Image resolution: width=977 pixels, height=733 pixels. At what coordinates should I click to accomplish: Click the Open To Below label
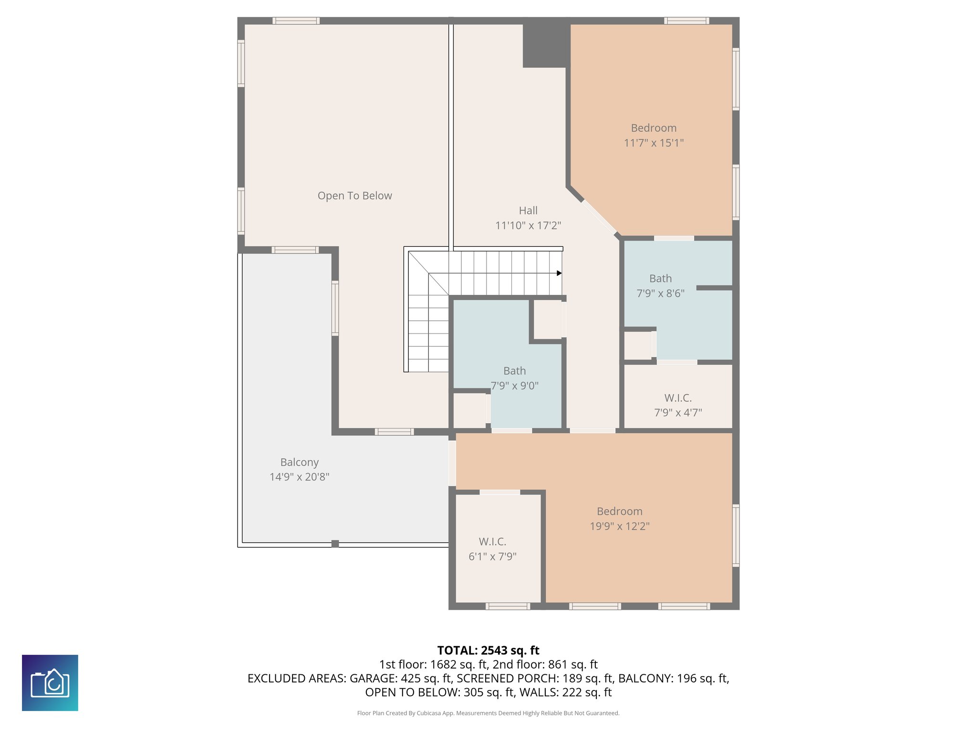354,196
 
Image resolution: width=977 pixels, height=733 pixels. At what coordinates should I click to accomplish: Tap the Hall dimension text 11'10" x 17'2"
528,225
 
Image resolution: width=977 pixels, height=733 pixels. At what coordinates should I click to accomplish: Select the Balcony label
299,462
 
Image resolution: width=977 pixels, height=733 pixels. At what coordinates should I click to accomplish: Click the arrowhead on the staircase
559,273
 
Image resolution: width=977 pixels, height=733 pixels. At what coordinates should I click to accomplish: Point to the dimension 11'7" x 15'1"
654,143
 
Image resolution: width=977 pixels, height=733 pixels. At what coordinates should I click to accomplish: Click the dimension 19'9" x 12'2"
619,526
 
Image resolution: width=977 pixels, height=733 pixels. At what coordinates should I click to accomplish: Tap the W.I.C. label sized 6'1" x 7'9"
492,542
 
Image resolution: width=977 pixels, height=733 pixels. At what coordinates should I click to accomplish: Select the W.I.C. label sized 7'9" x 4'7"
677,398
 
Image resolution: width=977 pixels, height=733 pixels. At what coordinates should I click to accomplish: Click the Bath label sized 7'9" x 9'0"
514,371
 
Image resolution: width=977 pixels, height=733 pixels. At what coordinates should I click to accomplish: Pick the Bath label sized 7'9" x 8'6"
660,278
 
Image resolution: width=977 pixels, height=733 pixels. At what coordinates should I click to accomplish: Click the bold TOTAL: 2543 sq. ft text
488,650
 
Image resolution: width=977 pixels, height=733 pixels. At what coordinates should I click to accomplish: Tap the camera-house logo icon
50,683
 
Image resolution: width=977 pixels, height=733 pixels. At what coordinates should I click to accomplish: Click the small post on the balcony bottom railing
335,544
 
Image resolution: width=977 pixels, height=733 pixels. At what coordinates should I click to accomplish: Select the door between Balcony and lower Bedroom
452,463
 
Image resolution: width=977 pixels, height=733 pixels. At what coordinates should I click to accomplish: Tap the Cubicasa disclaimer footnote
488,713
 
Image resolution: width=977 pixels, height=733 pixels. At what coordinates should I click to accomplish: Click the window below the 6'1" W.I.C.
508,606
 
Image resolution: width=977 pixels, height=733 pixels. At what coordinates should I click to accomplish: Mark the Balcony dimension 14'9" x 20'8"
299,477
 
